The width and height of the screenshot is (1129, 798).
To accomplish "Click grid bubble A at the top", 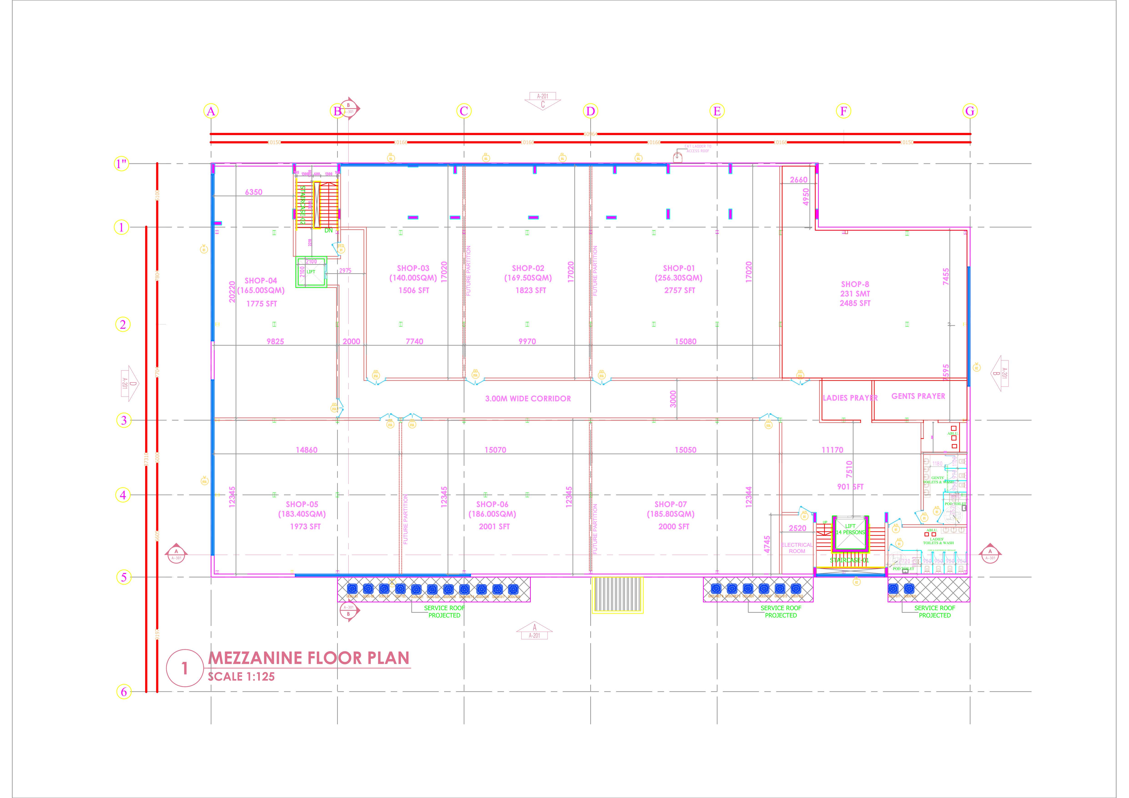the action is [x=211, y=111].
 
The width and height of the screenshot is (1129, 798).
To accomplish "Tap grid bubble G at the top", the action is [x=970, y=111].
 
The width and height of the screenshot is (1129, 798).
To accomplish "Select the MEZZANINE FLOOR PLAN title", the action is [x=309, y=658].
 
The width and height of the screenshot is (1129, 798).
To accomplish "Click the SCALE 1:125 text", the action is [x=241, y=677].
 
